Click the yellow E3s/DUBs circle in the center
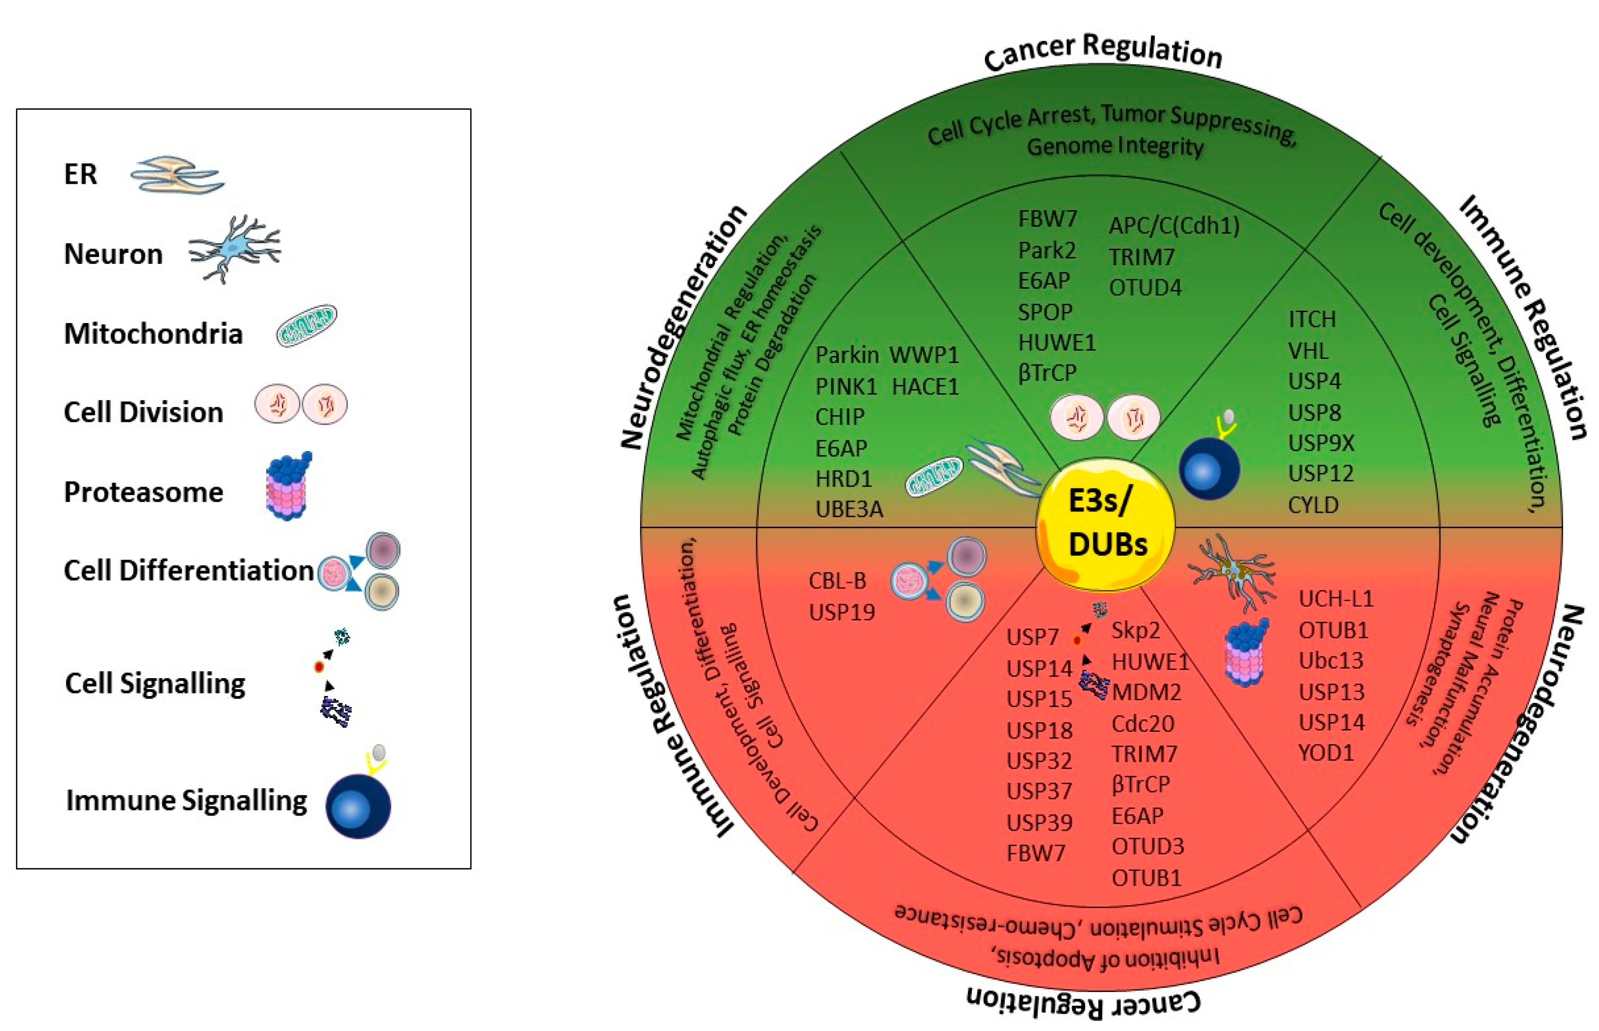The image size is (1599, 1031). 1105,524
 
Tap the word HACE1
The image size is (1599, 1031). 925,386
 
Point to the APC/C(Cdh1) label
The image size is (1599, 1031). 1174,225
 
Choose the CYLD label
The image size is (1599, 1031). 1313,505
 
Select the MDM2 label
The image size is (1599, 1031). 1146,692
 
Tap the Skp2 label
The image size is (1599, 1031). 1136,630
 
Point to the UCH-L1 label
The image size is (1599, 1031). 1335,598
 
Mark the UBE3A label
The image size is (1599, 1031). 849,510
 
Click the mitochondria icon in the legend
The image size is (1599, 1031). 307,326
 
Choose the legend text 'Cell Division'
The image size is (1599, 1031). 143,412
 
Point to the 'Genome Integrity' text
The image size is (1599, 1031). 1115,147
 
